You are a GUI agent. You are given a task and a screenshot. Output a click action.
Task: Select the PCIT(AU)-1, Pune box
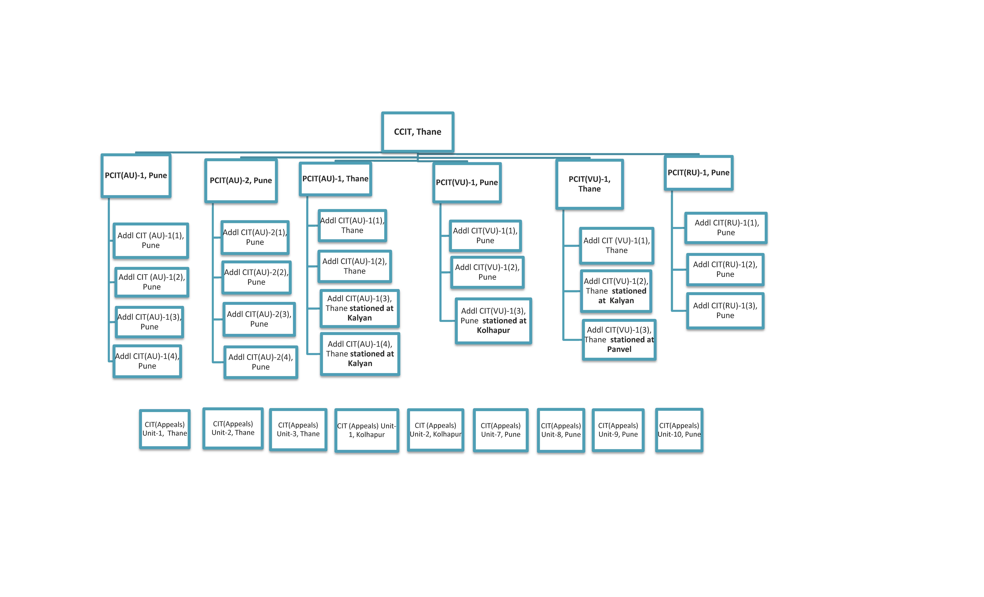click(136, 176)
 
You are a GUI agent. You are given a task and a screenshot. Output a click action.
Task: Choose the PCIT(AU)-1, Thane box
click(335, 179)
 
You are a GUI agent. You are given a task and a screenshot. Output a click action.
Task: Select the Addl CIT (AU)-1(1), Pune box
click(151, 241)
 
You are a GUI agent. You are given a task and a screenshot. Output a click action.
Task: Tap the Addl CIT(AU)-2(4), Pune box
click(261, 362)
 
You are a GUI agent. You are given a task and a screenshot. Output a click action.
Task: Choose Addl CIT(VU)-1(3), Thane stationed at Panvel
click(619, 340)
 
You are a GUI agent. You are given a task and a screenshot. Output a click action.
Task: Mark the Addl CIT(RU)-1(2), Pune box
click(725, 269)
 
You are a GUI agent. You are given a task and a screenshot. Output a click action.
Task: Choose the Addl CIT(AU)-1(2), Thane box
click(355, 266)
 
